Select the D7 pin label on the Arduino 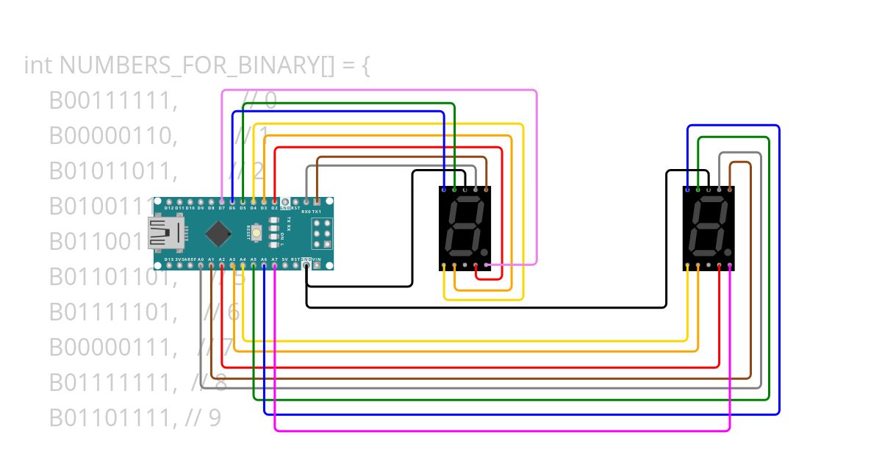pos(221,208)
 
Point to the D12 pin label pos(169,208)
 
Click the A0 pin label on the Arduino pos(201,259)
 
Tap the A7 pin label pos(274,259)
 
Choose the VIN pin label pos(317,259)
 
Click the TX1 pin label pos(317,211)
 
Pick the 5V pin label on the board pos(284,259)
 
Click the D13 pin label pos(169,259)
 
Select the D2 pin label pos(274,208)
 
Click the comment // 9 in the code pos(203,417)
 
